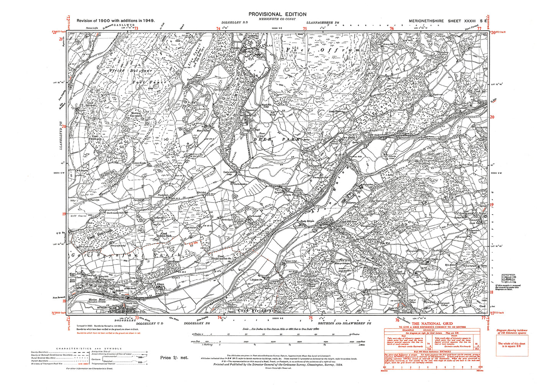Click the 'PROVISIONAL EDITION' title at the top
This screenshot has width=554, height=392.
tap(277, 14)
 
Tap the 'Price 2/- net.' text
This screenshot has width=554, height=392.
tap(174, 357)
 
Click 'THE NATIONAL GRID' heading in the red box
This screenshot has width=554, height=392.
tap(432, 324)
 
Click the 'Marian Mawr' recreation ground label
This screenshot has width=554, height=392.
tap(97, 300)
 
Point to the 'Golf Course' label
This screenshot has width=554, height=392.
tap(79, 216)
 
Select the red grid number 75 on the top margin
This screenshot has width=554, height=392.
tap(305, 28)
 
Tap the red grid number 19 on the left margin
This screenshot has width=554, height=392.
tap(64, 214)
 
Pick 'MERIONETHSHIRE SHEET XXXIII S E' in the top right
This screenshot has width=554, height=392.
tap(448, 21)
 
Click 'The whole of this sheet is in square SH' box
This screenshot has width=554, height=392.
tap(511, 345)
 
